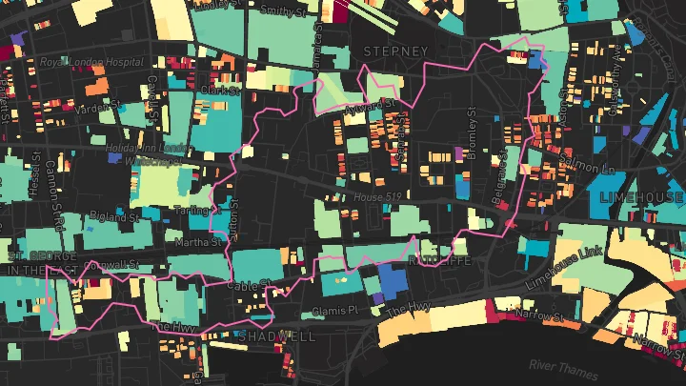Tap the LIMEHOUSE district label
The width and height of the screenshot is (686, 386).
[642, 196]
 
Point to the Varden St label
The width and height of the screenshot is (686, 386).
[94, 108]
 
